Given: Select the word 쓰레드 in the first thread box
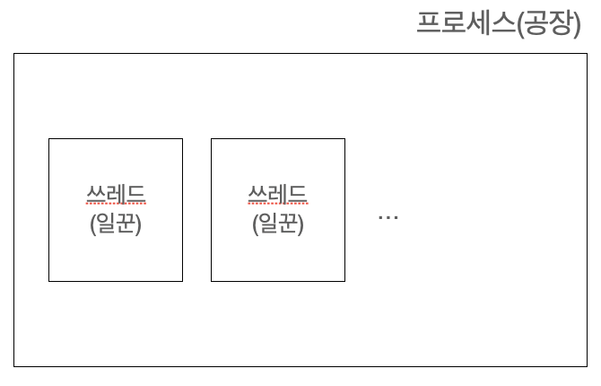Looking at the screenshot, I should click(116, 194).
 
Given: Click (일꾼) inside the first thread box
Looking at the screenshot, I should click(116, 223).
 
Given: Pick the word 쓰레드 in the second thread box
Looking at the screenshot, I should click(277, 194).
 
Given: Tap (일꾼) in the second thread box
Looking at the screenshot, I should click(277, 223).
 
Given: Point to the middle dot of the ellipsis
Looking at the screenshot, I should click(388, 218).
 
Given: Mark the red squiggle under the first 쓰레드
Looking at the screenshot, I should click(116, 206).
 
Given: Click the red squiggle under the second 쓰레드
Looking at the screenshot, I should click(277, 206).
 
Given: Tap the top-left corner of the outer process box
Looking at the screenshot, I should click(14, 54).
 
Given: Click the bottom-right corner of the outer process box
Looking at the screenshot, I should click(587, 366).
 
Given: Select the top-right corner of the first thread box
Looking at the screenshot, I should click(182, 139).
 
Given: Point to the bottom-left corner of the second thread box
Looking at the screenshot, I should click(212, 281).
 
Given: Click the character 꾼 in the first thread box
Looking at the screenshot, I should click(126, 223).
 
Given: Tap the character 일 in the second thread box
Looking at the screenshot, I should click(266, 223).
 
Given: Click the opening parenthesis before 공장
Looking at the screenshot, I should click(521, 22).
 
